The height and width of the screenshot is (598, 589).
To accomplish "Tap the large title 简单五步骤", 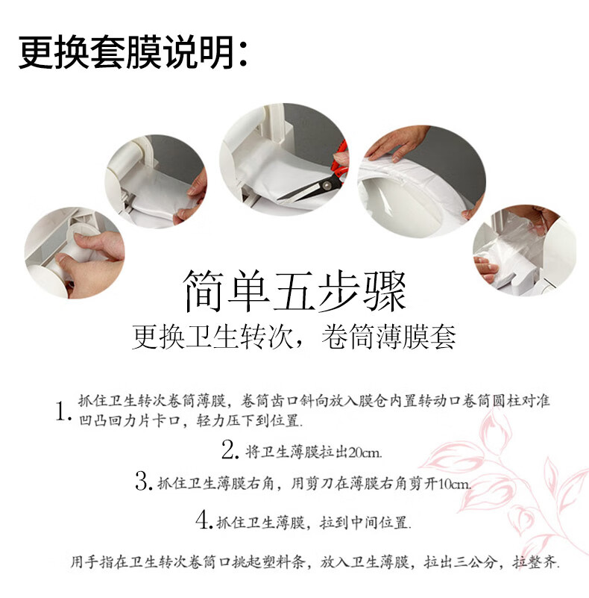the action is tap(294, 291).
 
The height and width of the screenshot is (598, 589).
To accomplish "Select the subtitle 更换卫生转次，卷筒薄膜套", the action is tap(294, 337).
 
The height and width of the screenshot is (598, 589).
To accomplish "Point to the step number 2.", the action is tap(230, 449).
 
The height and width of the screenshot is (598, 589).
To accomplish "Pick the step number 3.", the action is tap(144, 482).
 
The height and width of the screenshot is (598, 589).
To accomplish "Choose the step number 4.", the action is tap(204, 520).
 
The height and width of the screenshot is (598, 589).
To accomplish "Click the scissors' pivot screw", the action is tap(326, 186).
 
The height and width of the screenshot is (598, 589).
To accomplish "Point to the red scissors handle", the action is tap(340, 162).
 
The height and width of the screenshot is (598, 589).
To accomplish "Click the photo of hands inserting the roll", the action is tap(75, 253).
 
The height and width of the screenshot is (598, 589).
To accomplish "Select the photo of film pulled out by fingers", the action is tap(156, 181).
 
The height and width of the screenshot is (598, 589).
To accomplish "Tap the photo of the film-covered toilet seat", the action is tap(422, 181).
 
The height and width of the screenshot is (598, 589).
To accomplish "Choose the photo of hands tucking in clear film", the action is tap(525, 251).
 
